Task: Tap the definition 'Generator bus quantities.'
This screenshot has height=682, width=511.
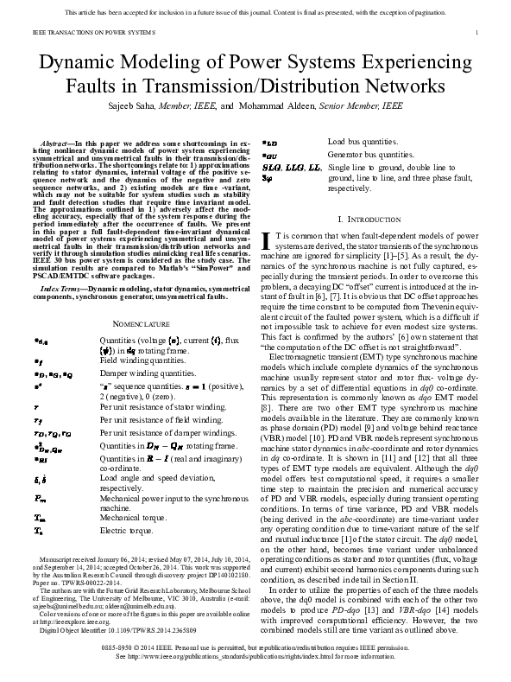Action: pos(374,154)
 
